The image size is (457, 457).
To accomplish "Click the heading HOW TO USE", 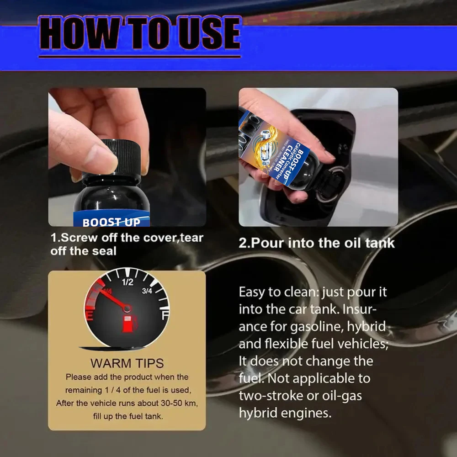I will coord(139,34).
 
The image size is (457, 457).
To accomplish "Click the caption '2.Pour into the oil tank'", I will coord(316,243).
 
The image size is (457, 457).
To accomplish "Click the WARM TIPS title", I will coord(127,363).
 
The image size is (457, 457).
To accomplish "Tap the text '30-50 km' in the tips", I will coord(171,404).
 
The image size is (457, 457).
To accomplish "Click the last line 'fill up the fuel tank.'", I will coord(127,416).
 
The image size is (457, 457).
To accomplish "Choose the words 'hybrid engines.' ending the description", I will coord(285,413).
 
